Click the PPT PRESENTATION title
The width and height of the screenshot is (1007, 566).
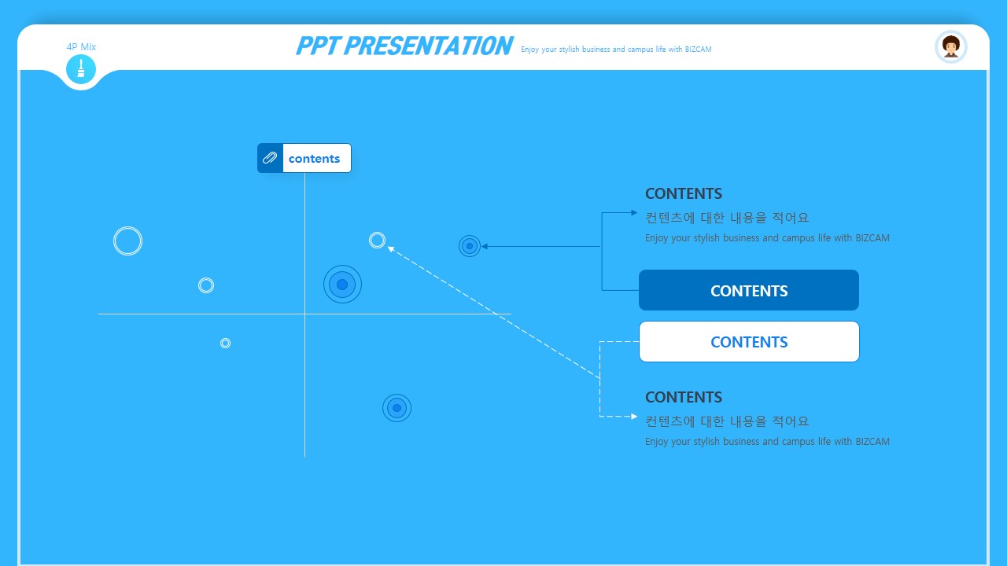[404, 46]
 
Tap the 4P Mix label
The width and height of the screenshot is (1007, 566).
[81, 46]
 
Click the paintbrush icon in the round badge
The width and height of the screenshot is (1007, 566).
[81, 68]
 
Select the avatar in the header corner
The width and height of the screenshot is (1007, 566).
[951, 46]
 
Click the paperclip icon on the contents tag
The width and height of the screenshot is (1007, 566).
[270, 158]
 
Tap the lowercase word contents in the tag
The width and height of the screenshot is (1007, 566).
[314, 159]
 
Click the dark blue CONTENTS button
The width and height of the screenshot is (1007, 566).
[749, 290]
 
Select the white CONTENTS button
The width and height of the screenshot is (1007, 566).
[749, 342]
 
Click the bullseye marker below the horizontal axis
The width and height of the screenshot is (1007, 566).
[397, 408]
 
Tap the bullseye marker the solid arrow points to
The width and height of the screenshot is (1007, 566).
[470, 246]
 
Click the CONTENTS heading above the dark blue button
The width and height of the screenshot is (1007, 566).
[684, 193]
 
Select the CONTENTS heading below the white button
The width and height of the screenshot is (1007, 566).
[684, 397]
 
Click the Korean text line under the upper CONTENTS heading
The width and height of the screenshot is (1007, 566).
[727, 218]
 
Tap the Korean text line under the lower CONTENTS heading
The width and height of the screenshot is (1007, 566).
[727, 421]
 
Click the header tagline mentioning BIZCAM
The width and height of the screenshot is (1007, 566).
[616, 50]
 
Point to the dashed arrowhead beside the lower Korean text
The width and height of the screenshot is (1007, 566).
[634, 417]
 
